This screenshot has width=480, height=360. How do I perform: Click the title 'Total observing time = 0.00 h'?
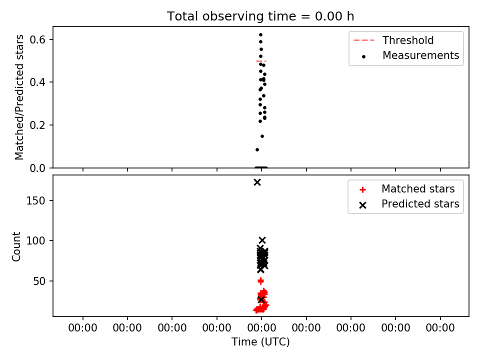coord(260,16)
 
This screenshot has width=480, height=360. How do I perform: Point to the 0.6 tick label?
coord(37,40)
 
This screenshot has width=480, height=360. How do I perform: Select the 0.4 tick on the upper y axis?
coord(37,82)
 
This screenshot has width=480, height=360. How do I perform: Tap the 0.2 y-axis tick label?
coord(37,125)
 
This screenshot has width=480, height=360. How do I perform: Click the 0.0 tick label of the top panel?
coord(37,168)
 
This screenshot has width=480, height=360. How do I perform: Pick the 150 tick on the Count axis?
coord(36,201)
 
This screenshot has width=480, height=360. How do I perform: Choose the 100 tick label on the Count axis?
coord(36,241)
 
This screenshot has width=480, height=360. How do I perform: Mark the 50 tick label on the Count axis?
coord(39,281)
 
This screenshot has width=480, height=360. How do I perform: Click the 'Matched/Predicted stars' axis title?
coord(19,97)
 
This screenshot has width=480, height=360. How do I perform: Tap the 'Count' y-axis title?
coord(16,246)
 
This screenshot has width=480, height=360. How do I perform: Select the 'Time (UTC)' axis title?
coord(260,341)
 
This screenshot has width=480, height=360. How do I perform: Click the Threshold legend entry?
coord(393,40)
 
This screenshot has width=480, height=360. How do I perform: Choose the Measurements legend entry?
coord(410,55)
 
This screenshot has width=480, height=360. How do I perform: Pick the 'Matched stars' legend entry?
coord(407,189)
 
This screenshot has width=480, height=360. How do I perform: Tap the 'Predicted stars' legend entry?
coord(409,204)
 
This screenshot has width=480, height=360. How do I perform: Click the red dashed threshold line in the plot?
coord(261,61)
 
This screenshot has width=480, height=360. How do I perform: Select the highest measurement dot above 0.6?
coord(261,35)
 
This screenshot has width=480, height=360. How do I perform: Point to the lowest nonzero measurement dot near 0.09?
coord(257,149)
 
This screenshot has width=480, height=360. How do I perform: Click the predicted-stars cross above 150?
coord(257,182)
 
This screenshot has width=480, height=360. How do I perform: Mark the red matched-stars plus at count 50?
coord(260,281)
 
